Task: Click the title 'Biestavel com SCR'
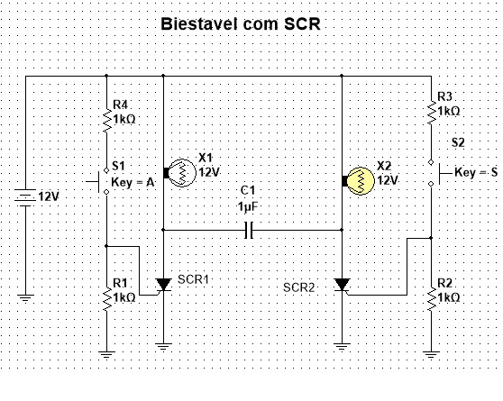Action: pos(241,24)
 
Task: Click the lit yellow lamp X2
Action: pos(359,181)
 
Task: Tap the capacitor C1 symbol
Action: pos(249,230)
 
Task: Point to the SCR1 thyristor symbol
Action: pos(163,285)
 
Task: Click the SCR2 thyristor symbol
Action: pos(342,285)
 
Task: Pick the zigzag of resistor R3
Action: pos(432,113)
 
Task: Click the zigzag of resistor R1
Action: pos(107,298)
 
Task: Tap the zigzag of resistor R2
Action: pos(432,298)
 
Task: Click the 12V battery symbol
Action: pos(25,197)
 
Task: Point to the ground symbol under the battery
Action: pos(25,298)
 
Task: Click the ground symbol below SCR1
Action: pos(163,347)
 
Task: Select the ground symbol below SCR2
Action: pos(342,347)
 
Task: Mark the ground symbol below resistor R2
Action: pos(432,355)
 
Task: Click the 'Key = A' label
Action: pos(133,183)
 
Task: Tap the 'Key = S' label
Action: pos(476,173)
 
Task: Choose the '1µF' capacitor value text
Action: pos(248,206)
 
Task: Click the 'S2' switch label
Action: pos(458,142)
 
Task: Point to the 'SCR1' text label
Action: pos(193,279)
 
